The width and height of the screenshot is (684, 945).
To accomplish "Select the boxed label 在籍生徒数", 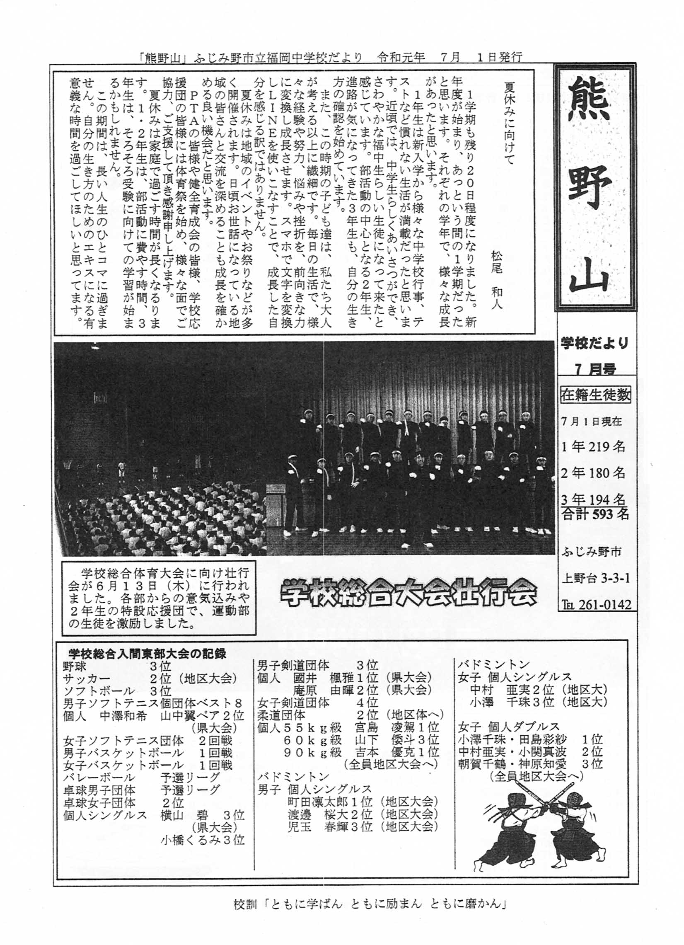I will tap(595, 395).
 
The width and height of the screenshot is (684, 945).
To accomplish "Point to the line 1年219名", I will tap(593, 447).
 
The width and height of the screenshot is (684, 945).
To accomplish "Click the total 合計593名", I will tap(595, 514).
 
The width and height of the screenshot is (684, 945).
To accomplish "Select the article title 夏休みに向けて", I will tap(509, 119).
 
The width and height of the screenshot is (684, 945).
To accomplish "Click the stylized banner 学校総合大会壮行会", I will tap(408, 594).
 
